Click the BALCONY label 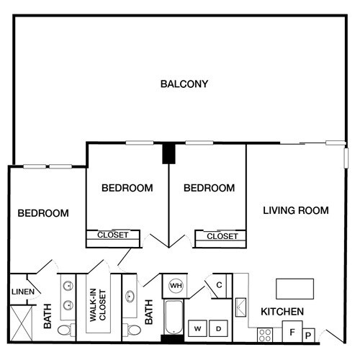coord(184,84)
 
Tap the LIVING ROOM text coord(295,211)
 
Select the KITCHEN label coord(282,312)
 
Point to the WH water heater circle coord(175,286)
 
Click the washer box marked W coord(197,329)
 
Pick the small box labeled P coord(308,335)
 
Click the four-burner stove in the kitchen coord(265,334)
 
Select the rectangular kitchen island coord(295,288)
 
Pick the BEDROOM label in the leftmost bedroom coord(43,214)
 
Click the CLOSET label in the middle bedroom coord(112,235)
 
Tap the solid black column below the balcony coord(169,154)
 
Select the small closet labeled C coord(219,285)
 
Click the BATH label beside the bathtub coord(150,312)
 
